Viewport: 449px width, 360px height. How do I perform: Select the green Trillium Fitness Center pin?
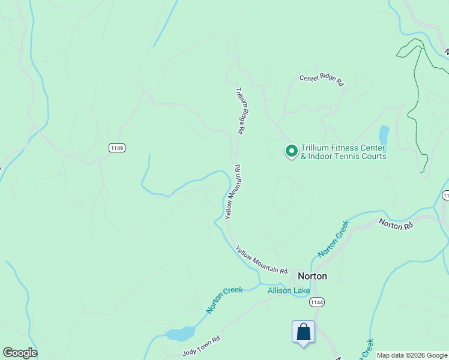pyautogui.click(x=291, y=151)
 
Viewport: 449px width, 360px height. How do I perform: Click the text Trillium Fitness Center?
pyautogui.click(x=343, y=148)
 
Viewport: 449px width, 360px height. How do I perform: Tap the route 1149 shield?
pyautogui.click(x=117, y=147)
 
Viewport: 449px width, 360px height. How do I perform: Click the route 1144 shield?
pyautogui.click(x=317, y=303)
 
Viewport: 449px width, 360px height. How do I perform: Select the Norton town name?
pyautogui.click(x=312, y=277)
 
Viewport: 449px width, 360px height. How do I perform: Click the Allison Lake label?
pyautogui.click(x=289, y=291)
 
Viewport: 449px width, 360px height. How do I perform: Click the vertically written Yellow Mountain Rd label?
pyautogui.click(x=233, y=192)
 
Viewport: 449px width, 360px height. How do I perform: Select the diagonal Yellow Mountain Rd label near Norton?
pyautogui.click(x=261, y=259)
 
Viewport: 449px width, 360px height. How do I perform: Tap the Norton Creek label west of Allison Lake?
pyautogui.click(x=224, y=299)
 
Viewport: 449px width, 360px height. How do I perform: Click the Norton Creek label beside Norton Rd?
pyautogui.click(x=333, y=239)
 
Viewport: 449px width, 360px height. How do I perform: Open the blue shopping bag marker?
pyautogui.click(x=303, y=332)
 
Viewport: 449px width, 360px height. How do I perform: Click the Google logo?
pyautogui.click(x=20, y=353)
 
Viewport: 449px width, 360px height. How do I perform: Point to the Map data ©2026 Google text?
pyautogui.click(x=412, y=356)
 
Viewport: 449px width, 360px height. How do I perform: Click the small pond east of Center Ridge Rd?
pyautogui.click(x=384, y=136)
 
